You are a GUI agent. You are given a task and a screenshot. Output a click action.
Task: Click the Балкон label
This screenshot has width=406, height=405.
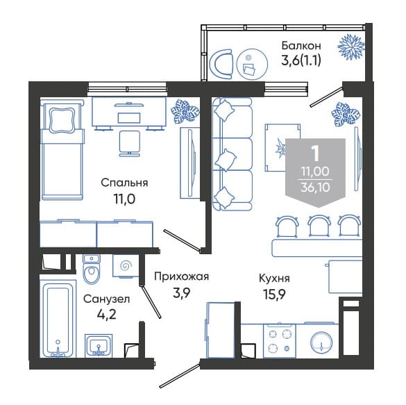[x=301, y=46]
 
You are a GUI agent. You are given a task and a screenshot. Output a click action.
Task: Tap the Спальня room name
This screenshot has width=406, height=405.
[x=124, y=183]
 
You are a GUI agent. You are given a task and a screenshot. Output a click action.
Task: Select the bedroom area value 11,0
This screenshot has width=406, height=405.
[x=124, y=199]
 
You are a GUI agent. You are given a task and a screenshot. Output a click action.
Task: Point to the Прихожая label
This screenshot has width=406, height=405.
[x=181, y=276]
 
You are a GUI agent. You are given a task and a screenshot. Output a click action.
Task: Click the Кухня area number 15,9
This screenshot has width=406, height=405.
[x=274, y=294]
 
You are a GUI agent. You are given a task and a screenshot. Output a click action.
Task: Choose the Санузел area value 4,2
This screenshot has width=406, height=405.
[x=106, y=315]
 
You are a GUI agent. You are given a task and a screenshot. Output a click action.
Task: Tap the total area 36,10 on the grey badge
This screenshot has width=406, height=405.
[x=315, y=187]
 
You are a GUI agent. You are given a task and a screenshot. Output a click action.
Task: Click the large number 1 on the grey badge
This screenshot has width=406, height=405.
[x=315, y=153]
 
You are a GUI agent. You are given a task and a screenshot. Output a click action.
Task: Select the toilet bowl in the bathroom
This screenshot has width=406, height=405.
[x=91, y=270]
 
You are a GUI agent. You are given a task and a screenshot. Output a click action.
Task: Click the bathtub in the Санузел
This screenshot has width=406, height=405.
[x=58, y=320]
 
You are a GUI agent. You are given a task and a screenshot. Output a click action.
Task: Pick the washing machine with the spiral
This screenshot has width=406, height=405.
[x=126, y=265]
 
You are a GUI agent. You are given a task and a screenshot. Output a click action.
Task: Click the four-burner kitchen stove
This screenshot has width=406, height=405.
[x=280, y=340]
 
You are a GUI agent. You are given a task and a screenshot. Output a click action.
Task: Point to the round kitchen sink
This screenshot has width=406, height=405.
[x=321, y=342]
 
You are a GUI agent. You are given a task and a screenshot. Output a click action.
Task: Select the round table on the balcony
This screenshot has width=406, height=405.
[x=252, y=64]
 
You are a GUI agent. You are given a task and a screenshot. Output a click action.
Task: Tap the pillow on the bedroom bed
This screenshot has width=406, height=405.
[x=62, y=119]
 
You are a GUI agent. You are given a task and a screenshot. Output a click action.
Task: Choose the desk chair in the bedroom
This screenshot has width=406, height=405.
[x=130, y=143]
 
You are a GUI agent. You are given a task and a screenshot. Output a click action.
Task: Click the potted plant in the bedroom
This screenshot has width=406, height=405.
[x=185, y=112]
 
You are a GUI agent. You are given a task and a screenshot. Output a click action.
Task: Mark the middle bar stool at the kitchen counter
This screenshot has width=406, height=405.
[x=319, y=226]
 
